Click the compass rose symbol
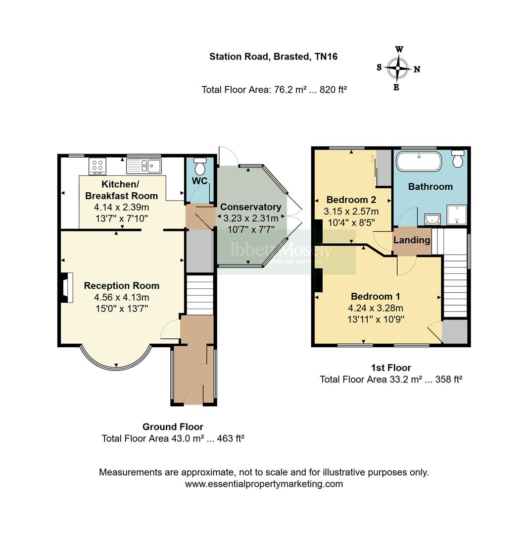(x=398, y=69)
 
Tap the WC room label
(x=199, y=181)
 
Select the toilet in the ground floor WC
(x=200, y=163)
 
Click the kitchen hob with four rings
(x=97, y=165)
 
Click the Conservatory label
(x=250, y=207)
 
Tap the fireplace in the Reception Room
(x=65, y=287)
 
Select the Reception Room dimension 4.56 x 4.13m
(x=121, y=297)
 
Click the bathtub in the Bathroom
(x=419, y=161)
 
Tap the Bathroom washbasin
(x=432, y=218)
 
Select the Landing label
(x=412, y=240)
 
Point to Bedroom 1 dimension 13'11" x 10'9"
(x=376, y=319)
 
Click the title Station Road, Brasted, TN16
(x=273, y=56)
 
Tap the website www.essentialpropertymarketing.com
(x=264, y=484)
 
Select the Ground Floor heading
(x=173, y=427)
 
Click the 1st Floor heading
(x=391, y=368)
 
